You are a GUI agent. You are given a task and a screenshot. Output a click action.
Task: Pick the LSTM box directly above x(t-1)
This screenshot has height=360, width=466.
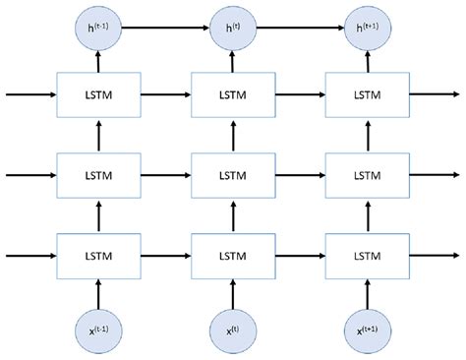click(98, 255)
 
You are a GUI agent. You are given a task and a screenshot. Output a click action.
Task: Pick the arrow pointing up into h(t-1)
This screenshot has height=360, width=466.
click(98, 61)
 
